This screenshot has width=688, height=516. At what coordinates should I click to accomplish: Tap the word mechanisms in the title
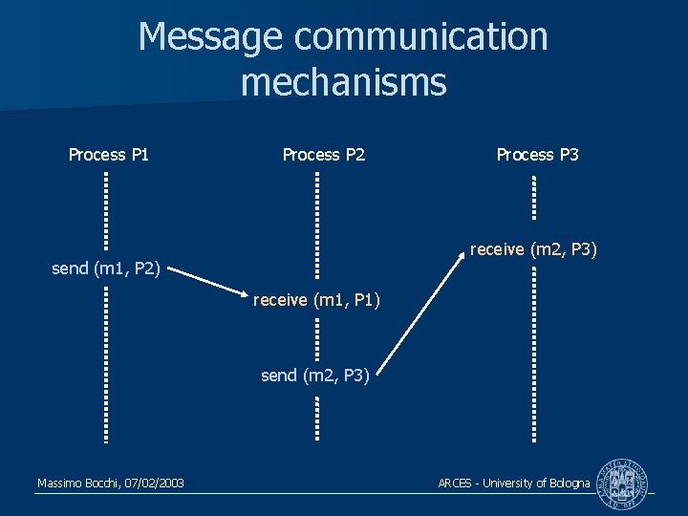click(344, 82)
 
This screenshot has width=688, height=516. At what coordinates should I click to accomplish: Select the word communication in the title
click(421, 37)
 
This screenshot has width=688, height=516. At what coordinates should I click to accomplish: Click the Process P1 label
click(109, 154)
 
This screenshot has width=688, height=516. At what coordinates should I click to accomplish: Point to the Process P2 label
click(324, 154)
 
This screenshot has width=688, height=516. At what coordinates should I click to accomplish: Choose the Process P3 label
click(537, 154)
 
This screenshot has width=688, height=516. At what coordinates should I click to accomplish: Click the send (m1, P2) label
click(105, 269)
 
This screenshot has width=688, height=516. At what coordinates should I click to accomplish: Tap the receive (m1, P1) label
click(316, 301)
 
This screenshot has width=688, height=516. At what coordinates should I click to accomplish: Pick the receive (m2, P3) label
click(533, 249)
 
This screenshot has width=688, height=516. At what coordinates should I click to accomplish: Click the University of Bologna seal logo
click(621, 484)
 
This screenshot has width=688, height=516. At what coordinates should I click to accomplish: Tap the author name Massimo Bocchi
click(78, 484)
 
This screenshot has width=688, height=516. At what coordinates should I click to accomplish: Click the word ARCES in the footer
click(455, 484)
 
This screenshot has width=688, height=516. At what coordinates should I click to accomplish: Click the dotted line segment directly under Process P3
click(534, 197)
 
